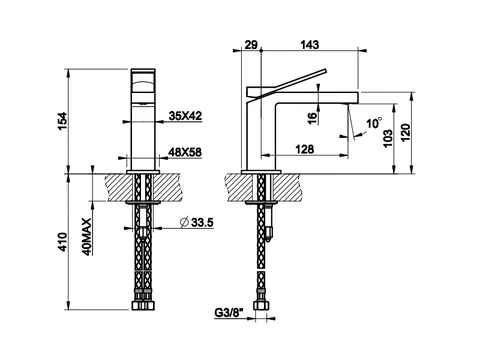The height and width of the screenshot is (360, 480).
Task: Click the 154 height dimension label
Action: (x=63, y=122)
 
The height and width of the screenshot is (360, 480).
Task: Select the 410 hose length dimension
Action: (x=63, y=242)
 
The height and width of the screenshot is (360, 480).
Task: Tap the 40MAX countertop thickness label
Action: (x=87, y=237)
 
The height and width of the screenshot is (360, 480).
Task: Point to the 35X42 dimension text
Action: (x=185, y=116)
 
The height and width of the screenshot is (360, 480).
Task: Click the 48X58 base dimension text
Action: (x=185, y=152)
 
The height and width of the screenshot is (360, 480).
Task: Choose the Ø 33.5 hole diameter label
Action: (x=196, y=222)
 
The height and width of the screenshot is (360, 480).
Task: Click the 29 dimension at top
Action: (x=251, y=45)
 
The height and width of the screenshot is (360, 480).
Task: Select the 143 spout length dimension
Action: (x=310, y=45)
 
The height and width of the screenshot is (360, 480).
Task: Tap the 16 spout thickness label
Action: (x=312, y=118)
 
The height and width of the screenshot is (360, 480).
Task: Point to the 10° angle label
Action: (x=374, y=123)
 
